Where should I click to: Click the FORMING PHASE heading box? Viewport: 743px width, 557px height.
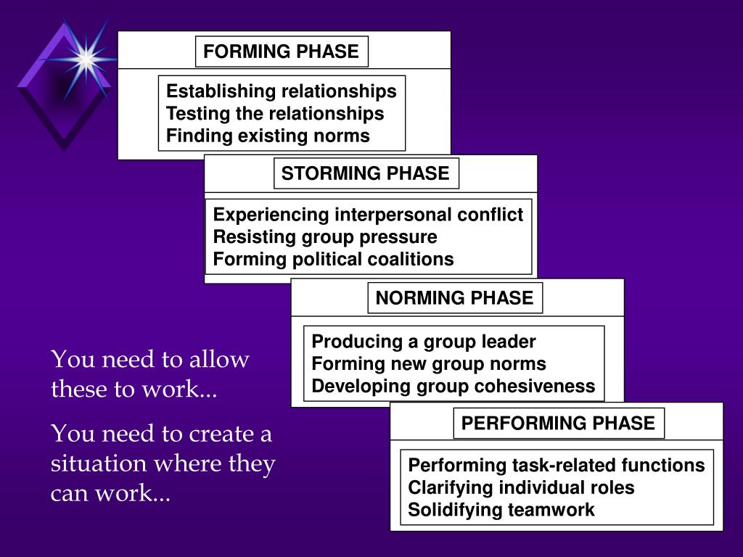pyautogui.click(x=282, y=51)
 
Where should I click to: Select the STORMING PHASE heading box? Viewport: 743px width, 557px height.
pyautogui.click(x=366, y=174)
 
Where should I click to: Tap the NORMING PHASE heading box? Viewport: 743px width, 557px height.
pyautogui.click(x=454, y=298)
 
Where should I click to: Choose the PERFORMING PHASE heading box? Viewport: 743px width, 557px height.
pyautogui.click(x=558, y=424)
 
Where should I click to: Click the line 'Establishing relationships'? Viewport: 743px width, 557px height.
pyautogui.click(x=282, y=91)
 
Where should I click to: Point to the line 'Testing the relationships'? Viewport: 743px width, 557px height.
pyautogui.click(x=275, y=114)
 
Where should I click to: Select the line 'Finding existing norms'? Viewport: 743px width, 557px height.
pyautogui.click(x=268, y=136)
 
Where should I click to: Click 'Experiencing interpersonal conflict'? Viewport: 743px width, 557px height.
pyautogui.click(x=368, y=215)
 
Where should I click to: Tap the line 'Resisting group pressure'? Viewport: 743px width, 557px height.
pyautogui.click(x=325, y=237)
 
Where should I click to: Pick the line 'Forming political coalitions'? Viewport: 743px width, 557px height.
pyautogui.click(x=333, y=259)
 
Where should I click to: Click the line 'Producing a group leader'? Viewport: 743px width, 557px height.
pyautogui.click(x=424, y=342)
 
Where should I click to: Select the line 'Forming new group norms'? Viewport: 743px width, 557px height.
pyautogui.click(x=429, y=363)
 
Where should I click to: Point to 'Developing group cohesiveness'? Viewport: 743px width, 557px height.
pyautogui.click(x=453, y=386)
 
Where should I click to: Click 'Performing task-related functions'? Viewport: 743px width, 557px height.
pyautogui.click(x=557, y=465)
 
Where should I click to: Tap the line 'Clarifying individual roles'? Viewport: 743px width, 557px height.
pyautogui.click(x=521, y=487)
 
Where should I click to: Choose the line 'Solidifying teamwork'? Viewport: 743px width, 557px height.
pyautogui.click(x=501, y=510)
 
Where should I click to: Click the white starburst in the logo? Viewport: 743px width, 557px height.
pyautogui.click(x=86, y=59)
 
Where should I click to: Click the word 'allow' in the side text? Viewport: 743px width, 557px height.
pyautogui.click(x=219, y=360)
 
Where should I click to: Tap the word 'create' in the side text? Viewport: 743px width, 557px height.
pyautogui.click(x=221, y=434)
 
